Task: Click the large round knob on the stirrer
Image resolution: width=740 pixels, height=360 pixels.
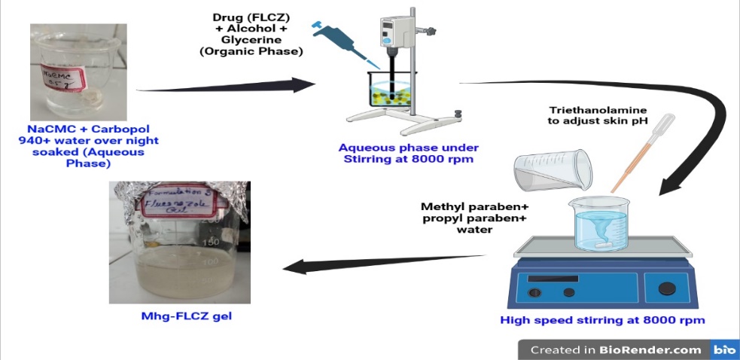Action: pyautogui.click(x=667, y=288)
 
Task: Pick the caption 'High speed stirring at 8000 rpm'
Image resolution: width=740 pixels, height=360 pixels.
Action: pyautogui.click(x=602, y=320)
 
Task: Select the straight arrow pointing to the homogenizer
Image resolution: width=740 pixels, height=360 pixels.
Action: pyautogui.click(x=226, y=86)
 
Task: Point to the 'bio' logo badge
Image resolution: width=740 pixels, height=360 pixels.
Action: pyautogui.click(x=724, y=349)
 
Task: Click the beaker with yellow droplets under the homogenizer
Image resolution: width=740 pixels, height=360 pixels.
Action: pyautogui.click(x=390, y=94)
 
